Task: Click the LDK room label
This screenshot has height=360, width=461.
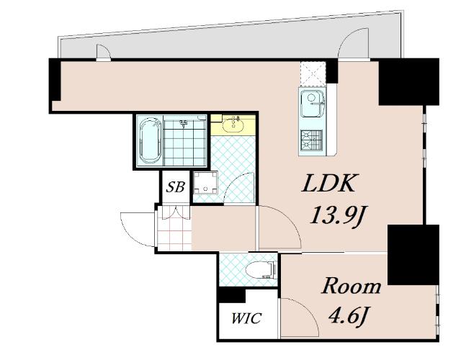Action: tap(328, 184)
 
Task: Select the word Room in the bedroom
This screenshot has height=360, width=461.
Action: tap(352, 286)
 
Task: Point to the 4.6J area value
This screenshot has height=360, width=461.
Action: tap(349, 316)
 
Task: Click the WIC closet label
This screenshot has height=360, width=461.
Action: tap(246, 318)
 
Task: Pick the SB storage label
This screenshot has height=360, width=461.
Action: tap(175, 187)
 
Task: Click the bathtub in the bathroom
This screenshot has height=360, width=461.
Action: tap(151, 141)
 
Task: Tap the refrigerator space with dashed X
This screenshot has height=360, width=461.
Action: tap(313, 73)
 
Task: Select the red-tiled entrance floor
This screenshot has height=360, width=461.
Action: tap(174, 228)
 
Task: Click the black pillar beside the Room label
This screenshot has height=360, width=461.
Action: tap(413, 254)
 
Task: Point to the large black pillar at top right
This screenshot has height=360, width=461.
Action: tap(408, 81)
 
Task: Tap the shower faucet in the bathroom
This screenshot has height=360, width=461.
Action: tap(184, 124)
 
